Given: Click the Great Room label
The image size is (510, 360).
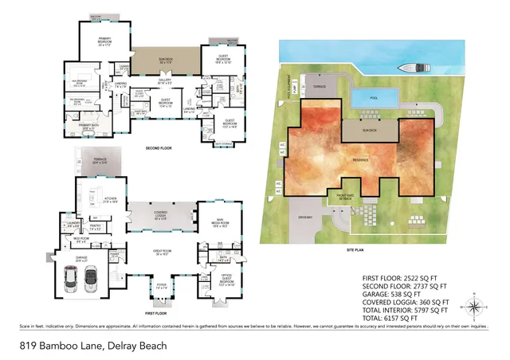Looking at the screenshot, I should (x=163, y=253).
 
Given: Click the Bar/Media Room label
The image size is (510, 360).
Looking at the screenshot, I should (x=218, y=225).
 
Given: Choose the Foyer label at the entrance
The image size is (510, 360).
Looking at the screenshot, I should (x=162, y=288).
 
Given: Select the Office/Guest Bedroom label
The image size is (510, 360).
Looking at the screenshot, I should (x=226, y=280).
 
